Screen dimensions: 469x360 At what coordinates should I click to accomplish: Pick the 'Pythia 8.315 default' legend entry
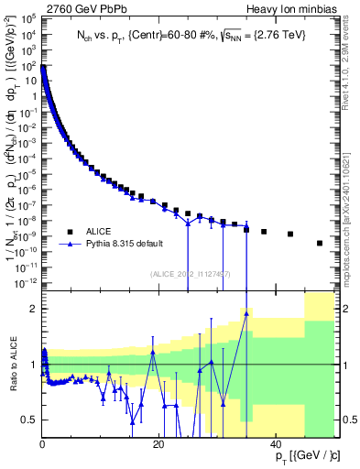117,245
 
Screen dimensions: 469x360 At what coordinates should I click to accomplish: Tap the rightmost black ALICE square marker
320,243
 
